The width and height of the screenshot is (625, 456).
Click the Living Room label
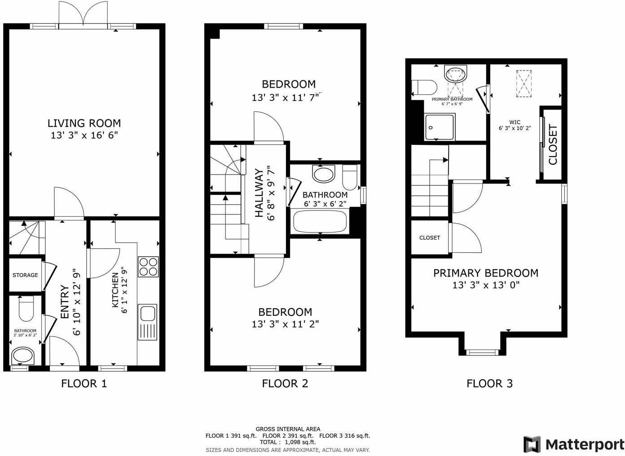pos(84,123)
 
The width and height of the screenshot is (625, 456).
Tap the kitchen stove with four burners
pos(148,267)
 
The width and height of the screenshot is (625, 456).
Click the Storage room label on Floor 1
pos(25,275)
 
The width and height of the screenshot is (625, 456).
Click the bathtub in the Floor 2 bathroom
pos(320,222)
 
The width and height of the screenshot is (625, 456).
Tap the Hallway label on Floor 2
pos(259,193)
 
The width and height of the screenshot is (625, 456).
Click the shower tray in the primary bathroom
pos(440,127)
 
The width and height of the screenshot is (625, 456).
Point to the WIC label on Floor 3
pos(515,122)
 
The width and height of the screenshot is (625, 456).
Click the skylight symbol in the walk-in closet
pos(524,83)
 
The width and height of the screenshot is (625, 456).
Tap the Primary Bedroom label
pos(486,273)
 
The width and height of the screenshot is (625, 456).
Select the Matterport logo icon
pos(532,444)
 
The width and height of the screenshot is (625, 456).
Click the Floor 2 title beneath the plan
pos(285,383)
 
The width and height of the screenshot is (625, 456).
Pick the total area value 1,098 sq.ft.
pos(300,442)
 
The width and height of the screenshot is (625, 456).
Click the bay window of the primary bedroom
pos(482,352)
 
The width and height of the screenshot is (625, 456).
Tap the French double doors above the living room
pos(83,14)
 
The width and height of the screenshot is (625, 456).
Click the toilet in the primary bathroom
pos(424,88)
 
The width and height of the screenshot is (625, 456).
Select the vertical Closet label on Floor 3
pos(553,145)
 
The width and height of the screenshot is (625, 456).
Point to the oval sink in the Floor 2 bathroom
pos(323,174)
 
